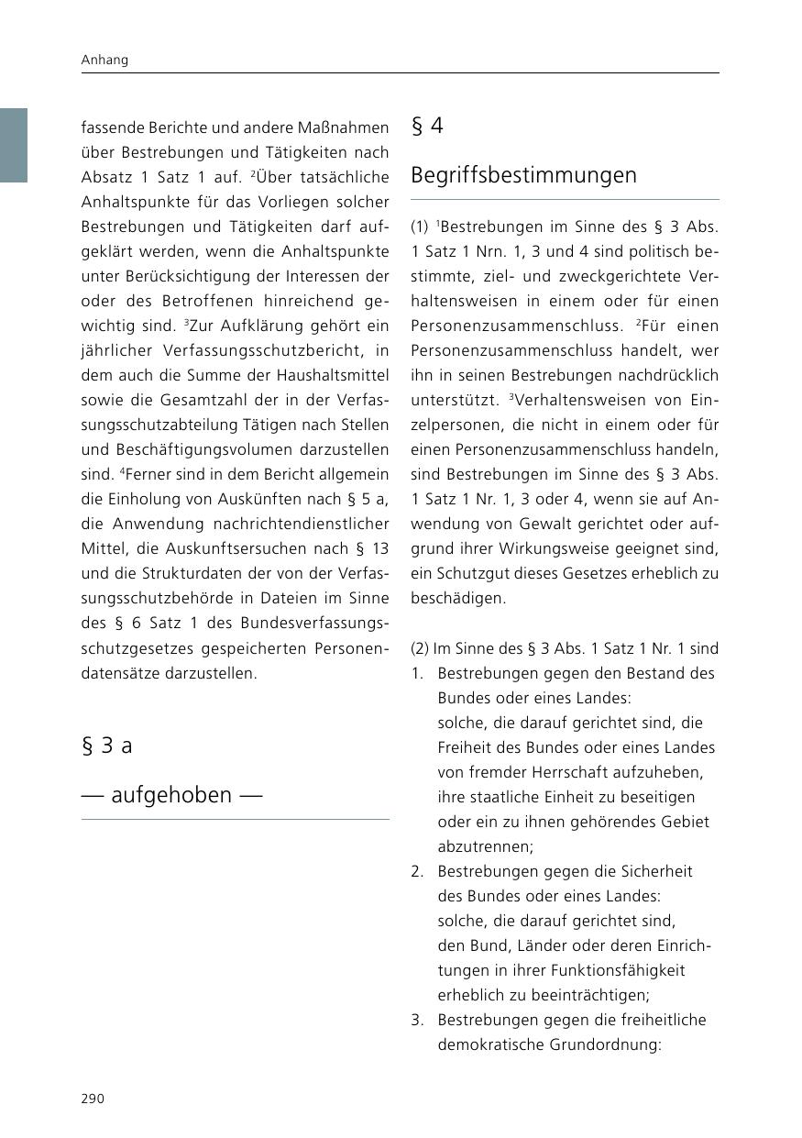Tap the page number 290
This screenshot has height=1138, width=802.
pos(93,1099)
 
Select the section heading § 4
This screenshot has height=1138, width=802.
pos(427,127)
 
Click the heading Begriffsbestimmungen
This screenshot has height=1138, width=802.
pos(523,175)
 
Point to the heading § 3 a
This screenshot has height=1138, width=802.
pos(107,746)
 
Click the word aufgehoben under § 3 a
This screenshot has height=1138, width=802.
pos(171,795)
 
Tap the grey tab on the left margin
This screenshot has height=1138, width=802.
pos(14,145)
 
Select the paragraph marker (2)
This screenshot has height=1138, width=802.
pos(420,648)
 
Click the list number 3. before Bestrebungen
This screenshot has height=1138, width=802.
pos(417,1020)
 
